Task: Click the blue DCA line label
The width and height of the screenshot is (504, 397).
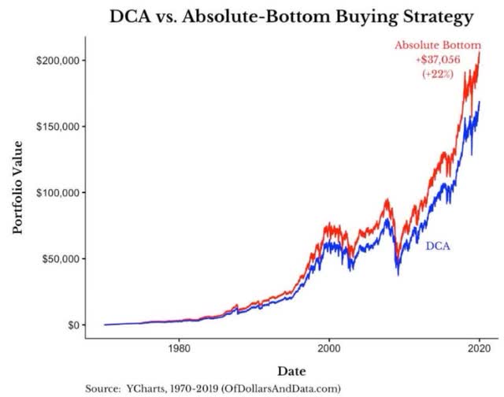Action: click(x=437, y=247)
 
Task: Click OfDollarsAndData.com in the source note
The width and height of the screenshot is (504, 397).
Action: click(x=286, y=388)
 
